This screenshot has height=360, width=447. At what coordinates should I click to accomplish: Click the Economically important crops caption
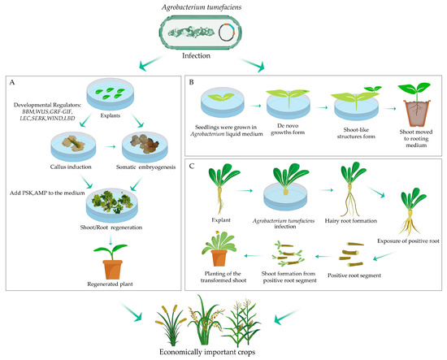223,351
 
